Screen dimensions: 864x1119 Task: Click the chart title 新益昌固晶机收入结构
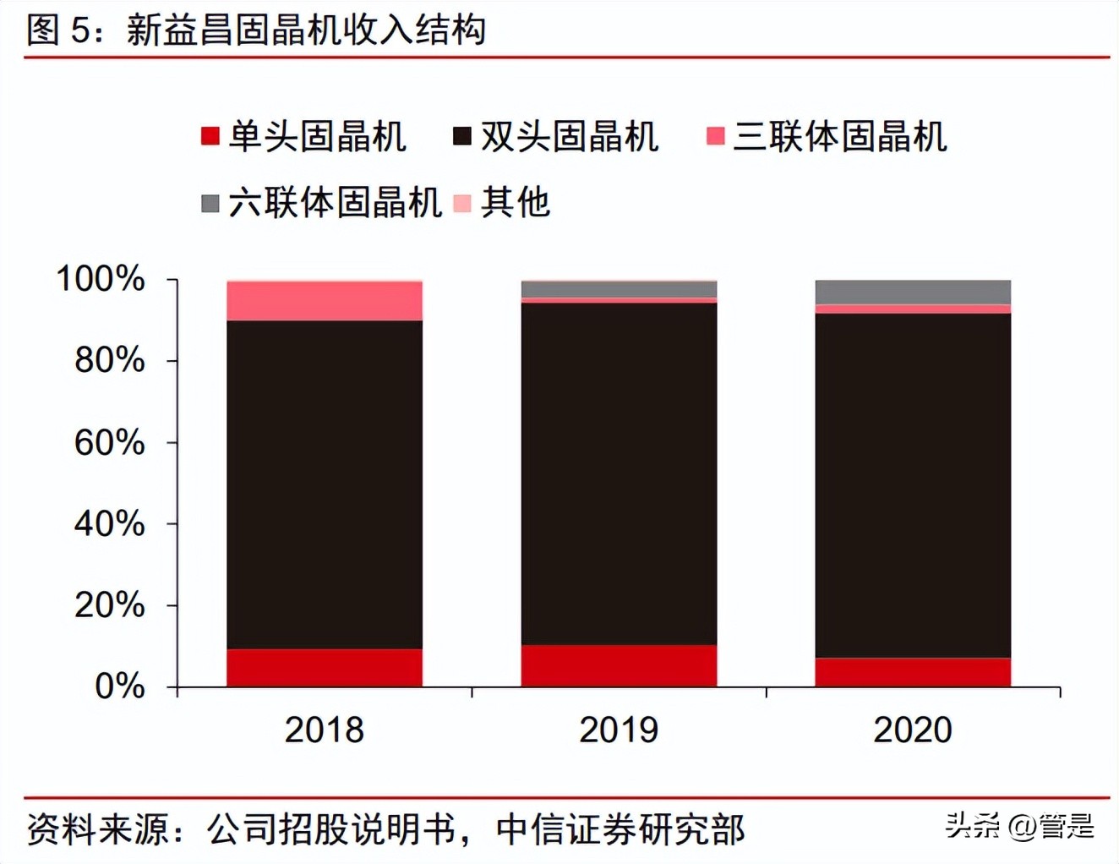305,30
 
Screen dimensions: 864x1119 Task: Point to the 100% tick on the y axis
101,279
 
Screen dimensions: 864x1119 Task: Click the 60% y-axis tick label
110,442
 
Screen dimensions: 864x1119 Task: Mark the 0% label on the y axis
120,686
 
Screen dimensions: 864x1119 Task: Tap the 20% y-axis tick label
110,605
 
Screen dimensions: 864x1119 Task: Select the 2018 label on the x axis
324,730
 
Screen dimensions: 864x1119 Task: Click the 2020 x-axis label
913,730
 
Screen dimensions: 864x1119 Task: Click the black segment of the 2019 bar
619,473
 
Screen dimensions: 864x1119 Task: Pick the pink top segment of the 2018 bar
325,301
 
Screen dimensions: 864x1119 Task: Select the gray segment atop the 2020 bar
913,292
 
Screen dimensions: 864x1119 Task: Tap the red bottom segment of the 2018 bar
325,668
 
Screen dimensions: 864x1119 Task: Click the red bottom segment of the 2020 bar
913,672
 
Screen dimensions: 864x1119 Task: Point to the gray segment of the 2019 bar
619,289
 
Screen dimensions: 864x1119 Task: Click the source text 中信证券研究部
620,829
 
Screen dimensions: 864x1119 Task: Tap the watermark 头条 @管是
1019,826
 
